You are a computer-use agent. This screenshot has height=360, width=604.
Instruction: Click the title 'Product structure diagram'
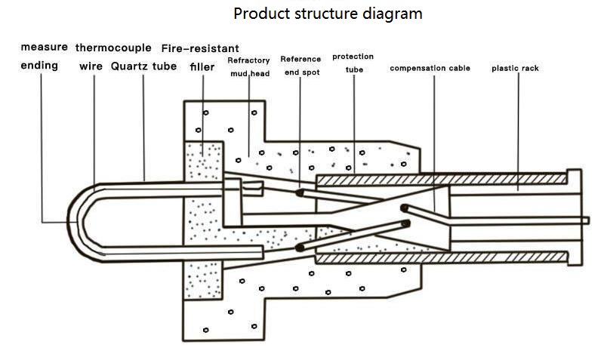(328, 14)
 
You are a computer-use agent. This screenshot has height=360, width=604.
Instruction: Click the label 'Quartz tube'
(143, 66)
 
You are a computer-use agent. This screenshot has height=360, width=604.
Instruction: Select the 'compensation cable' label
(430, 69)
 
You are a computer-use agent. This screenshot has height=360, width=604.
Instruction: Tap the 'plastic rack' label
(515, 69)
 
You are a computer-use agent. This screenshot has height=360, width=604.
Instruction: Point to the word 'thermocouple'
(113, 48)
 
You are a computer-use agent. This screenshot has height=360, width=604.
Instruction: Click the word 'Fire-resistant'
(200, 48)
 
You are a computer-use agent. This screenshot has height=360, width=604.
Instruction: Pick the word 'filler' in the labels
(202, 66)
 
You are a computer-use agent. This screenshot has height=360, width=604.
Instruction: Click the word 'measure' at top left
(44, 48)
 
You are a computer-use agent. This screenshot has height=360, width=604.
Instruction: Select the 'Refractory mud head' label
(249, 66)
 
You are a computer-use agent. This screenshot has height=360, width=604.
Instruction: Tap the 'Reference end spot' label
(300, 66)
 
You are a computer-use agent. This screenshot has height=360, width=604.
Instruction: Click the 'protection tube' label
(353, 63)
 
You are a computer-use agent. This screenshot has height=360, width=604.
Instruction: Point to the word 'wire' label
(91, 66)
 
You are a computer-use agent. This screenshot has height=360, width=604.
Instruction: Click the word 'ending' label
(39, 66)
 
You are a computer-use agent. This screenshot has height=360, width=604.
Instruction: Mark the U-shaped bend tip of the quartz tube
(70, 222)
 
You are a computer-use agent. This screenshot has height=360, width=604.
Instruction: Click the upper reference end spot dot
(300, 192)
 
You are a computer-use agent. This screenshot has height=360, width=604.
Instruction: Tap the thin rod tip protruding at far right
(586, 220)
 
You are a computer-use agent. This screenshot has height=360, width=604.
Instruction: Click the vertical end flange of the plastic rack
(574, 219)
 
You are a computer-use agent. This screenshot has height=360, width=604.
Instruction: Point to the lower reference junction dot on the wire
(300, 247)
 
